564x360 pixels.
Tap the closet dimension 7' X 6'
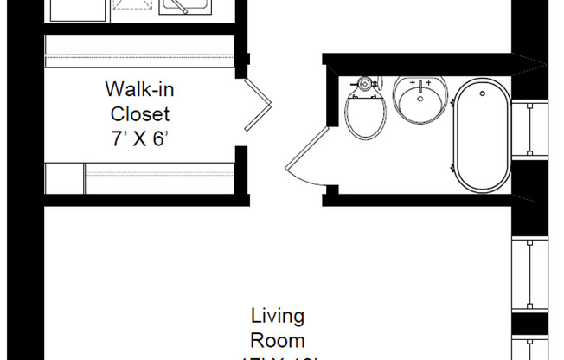point(137,138)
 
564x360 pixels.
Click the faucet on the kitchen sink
point(178,8)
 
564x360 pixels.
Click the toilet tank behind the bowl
point(364,84)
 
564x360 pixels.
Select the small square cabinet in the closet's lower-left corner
point(62,178)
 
